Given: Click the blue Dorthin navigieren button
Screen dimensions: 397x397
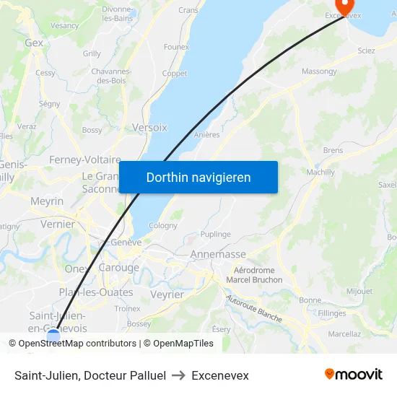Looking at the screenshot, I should coord(198,177).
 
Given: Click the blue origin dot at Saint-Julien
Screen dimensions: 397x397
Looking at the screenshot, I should coord(53,336).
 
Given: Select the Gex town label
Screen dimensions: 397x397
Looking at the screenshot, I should coord(34,43).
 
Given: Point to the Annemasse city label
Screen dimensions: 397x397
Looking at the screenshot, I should coord(218,254).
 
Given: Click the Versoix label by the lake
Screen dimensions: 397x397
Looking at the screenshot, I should coord(149,127).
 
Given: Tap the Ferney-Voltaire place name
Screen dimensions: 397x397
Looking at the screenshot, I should coord(84,159).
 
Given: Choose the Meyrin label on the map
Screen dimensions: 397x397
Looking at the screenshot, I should coord(47,201).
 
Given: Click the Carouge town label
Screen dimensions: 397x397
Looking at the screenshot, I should coord(118,268).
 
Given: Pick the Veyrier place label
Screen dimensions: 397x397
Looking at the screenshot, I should coord(167,295).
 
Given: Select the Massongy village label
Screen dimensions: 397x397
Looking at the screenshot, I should coord(319,71).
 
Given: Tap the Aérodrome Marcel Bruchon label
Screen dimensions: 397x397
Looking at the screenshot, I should coord(254,275).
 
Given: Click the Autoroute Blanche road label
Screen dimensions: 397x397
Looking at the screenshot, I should coord(253,307).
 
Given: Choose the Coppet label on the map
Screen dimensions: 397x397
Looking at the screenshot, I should coord(175,74).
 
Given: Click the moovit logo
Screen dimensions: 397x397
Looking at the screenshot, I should coord(354,374).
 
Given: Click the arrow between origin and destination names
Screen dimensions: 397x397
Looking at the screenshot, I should coord(179,375).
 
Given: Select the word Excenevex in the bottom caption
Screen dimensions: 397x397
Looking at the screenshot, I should coord(220,375).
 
